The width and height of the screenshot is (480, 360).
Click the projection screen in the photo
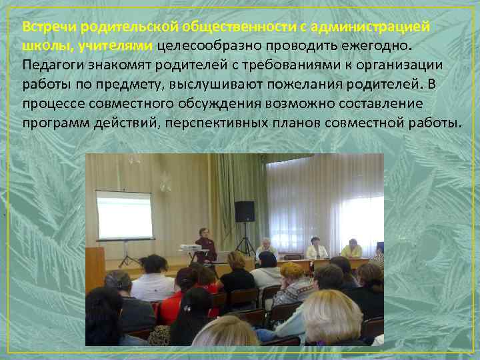tap(124, 215)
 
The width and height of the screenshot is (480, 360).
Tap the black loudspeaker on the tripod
tap(245, 211)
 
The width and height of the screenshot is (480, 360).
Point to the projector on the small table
tap(191, 247)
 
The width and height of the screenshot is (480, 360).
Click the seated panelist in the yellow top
tap(351, 249)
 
